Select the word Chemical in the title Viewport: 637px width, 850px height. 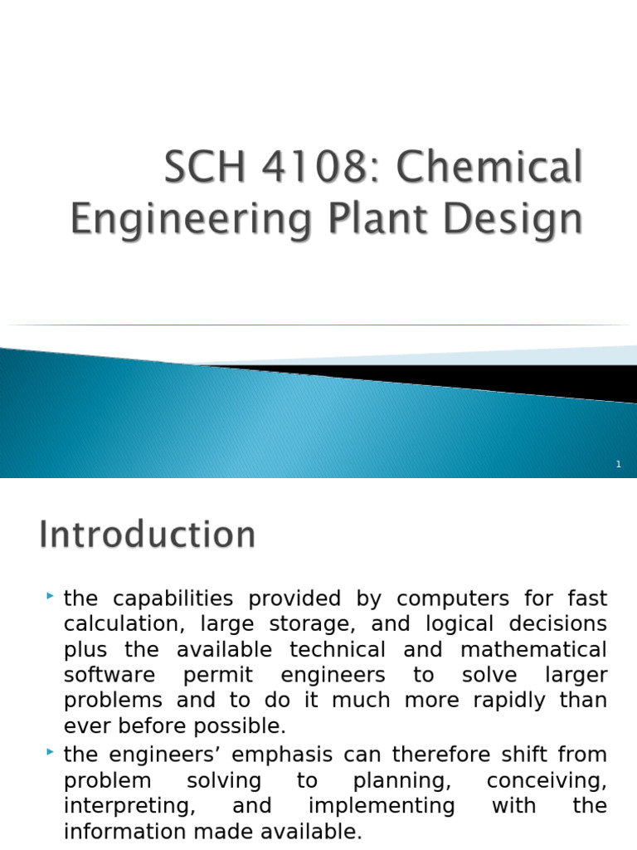click(x=489, y=169)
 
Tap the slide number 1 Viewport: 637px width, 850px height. click(x=619, y=465)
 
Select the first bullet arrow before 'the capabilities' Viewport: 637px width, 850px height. click(x=51, y=595)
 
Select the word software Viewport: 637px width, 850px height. click(x=109, y=675)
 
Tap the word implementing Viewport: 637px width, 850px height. click(x=382, y=805)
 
